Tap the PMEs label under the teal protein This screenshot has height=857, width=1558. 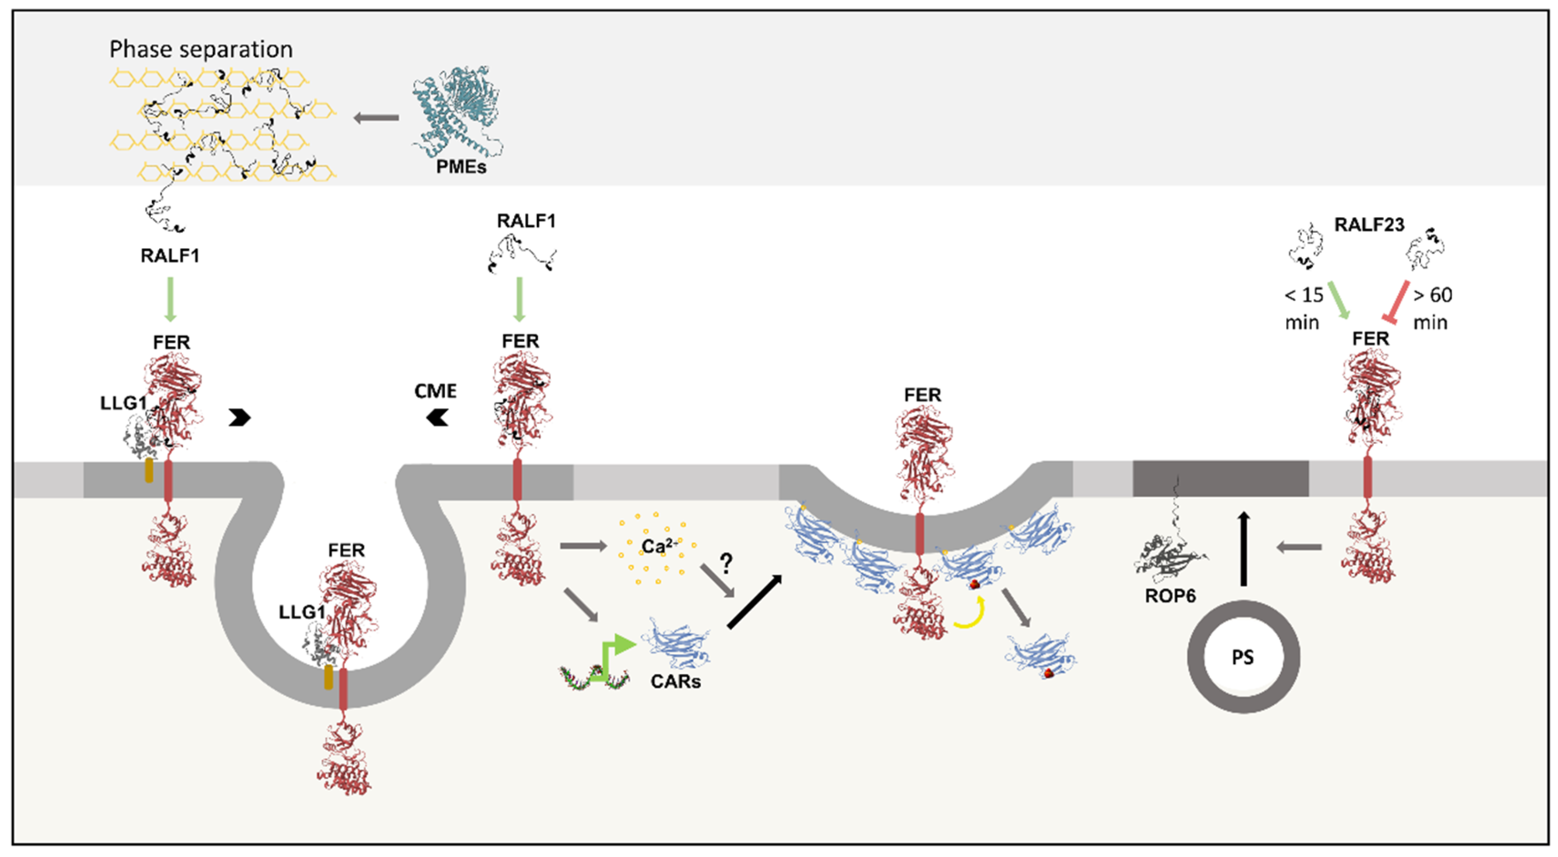click(x=461, y=166)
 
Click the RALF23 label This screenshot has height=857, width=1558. click(x=1369, y=225)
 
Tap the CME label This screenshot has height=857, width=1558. click(x=435, y=391)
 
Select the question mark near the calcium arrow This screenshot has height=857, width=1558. click(x=727, y=563)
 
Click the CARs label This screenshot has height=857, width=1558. click(x=676, y=681)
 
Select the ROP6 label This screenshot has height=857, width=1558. click(x=1171, y=596)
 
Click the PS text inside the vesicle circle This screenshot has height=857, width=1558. click(x=1243, y=657)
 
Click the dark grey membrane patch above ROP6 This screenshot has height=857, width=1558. click(x=1220, y=478)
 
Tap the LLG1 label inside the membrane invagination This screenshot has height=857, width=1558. click(x=302, y=612)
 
